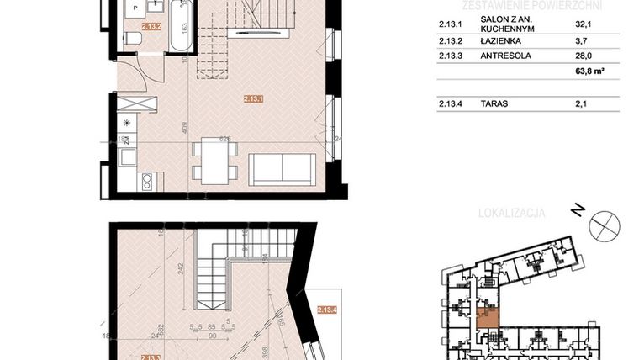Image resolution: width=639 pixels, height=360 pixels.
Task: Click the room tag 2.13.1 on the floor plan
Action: pos(253,98)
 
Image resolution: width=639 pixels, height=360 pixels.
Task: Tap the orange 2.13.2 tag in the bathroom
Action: pos(151,26)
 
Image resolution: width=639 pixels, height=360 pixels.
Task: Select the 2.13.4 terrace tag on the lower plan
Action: pos(327,310)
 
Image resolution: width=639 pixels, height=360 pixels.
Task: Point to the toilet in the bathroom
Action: pos(133,39)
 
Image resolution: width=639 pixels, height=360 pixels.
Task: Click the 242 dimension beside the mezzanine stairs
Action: pos(180,269)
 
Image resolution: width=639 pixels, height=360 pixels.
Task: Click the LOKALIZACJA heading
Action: pos(511,213)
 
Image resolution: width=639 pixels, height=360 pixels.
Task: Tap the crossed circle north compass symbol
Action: pos(605,225)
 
